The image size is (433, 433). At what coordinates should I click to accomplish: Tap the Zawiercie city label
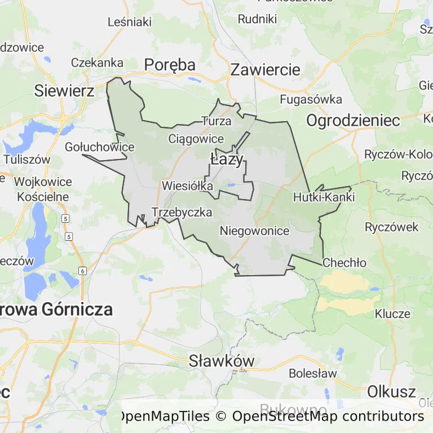pos(265,70)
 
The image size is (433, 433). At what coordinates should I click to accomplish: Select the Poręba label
pos(170,65)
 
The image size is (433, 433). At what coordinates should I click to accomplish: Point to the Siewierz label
pos(64,90)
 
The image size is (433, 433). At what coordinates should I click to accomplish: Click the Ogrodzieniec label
pos(353,120)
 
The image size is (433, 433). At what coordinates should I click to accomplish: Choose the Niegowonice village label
pos(254,231)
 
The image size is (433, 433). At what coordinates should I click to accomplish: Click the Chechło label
pos(344,263)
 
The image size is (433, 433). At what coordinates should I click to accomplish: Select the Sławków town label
pos(222,361)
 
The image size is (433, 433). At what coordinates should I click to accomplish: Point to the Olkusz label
pos(391,391)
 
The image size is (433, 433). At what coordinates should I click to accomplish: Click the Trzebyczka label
pos(182,213)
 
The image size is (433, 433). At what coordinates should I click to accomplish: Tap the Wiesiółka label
pos(187,185)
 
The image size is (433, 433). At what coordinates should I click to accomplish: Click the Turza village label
pos(216,121)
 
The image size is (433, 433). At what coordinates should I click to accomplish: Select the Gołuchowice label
pos(100,147)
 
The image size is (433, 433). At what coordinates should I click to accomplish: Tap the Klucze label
pos(392,313)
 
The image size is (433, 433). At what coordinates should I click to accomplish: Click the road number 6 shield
pos(83,271)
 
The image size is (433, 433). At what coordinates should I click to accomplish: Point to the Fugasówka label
pos(311,100)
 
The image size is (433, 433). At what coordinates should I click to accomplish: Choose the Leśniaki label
pos(130,22)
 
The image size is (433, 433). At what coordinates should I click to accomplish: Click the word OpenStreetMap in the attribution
pos(280,417)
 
